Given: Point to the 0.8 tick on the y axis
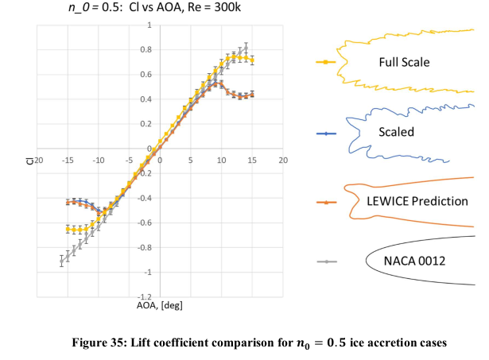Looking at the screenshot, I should [146, 50].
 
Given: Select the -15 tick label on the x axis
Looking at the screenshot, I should [68, 160].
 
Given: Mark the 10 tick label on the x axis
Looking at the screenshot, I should [221, 160].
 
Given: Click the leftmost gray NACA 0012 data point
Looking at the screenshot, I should [61, 261].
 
